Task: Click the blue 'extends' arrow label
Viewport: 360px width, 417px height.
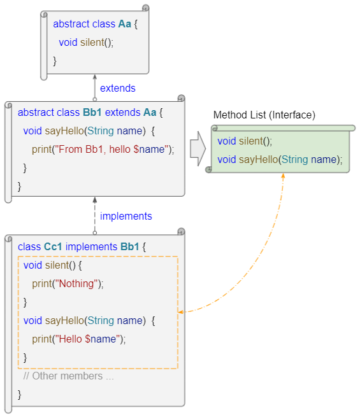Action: (x=118, y=88)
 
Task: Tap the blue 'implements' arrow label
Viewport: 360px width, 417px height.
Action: (x=126, y=216)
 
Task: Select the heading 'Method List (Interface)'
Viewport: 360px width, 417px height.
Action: (x=264, y=115)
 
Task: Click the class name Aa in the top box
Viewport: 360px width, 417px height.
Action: (x=124, y=24)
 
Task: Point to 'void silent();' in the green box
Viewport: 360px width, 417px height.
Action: (x=245, y=141)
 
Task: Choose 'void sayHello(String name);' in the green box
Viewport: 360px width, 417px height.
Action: (x=280, y=160)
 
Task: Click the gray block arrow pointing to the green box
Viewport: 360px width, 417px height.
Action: (x=198, y=148)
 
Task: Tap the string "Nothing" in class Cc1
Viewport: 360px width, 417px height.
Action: (x=76, y=284)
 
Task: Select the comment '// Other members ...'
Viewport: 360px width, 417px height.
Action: (x=68, y=376)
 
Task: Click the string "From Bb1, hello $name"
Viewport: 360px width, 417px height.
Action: (x=112, y=150)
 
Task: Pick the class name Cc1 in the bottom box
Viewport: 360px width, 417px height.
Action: (x=53, y=247)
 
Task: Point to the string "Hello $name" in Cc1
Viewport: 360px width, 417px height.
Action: (x=87, y=339)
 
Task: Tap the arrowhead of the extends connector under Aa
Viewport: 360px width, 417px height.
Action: (x=95, y=77)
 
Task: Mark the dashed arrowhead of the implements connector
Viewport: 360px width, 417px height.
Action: (x=95, y=200)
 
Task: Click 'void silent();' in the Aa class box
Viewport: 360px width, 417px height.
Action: (x=86, y=43)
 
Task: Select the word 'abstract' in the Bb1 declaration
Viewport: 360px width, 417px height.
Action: (x=36, y=113)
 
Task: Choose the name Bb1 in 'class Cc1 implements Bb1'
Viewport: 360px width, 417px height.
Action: (x=129, y=247)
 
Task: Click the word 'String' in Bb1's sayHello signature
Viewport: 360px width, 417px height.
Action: (x=101, y=131)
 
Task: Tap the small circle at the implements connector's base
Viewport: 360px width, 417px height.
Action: (x=95, y=233)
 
